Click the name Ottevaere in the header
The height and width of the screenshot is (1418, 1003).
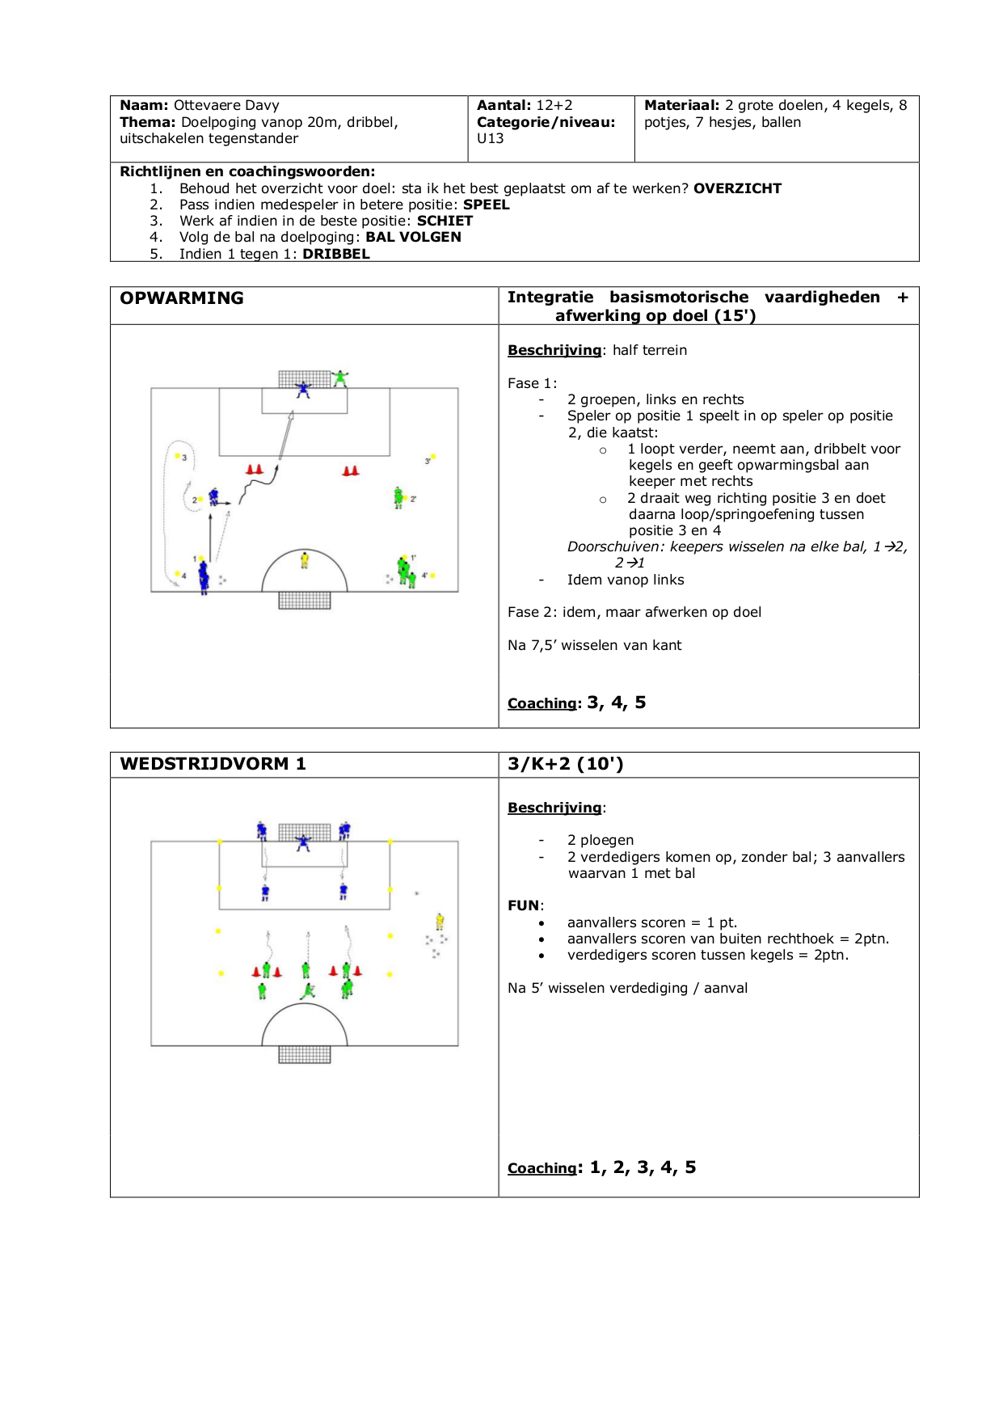[204, 105]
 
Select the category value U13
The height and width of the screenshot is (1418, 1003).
[490, 138]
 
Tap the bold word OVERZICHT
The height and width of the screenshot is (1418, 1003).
[737, 188]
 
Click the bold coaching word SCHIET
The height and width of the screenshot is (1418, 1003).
[445, 221]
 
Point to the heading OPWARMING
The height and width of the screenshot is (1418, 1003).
[182, 298]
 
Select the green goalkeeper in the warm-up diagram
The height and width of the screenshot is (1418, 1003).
[341, 378]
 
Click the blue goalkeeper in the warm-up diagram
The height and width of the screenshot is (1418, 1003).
[303, 389]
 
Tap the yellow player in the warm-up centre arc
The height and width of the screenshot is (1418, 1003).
[305, 559]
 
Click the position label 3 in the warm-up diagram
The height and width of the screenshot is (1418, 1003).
[184, 458]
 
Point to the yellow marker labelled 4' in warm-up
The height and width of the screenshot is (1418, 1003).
[432, 576]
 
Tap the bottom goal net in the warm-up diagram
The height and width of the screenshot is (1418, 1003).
[305, 600]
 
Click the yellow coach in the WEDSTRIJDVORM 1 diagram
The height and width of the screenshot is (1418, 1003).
[440, 921]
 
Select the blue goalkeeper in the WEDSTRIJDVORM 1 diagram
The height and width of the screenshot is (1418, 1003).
[303, 842]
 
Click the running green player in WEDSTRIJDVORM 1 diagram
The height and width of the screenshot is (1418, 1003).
[307, 990]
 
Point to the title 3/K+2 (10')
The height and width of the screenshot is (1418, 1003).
[565, 764]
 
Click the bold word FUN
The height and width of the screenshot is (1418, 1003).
[524, 905]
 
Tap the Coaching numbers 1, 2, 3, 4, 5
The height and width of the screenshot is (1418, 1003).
[643, 1167]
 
